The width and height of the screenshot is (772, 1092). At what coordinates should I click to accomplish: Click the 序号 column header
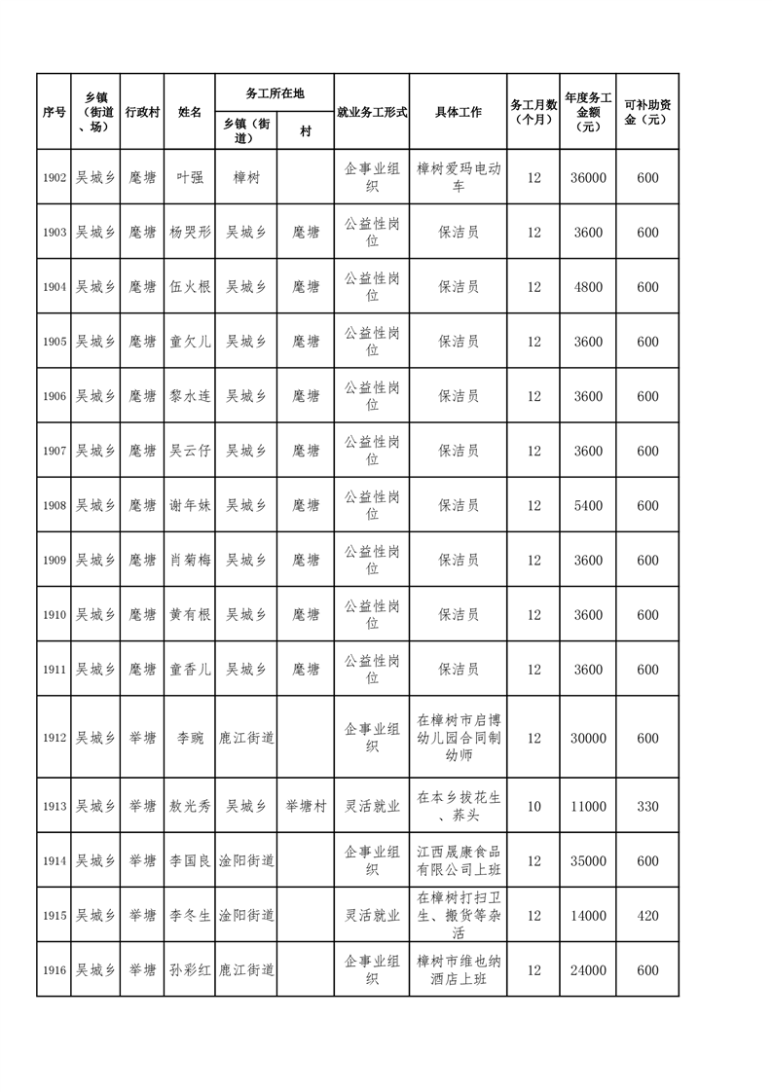click(x=54, y=112)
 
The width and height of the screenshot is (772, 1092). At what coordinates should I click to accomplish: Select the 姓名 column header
click(x=189, y=112)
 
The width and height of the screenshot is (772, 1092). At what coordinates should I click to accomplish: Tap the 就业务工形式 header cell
click(x=371, y=112)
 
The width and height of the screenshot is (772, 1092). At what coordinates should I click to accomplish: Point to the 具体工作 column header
click(x=458, y=112)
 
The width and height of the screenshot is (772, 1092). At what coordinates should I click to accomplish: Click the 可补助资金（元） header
click(x=647, y=112)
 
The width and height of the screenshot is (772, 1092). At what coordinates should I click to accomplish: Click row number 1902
click(x=54, y=177)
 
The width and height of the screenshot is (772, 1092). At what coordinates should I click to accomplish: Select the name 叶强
click(x=189, y=177)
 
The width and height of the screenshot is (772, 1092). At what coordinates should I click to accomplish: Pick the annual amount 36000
click(x=588, y=177)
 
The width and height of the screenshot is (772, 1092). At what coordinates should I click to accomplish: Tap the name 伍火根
click(x=189, y=287)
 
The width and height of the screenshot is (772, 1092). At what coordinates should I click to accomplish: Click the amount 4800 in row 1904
click(x=588, y=287)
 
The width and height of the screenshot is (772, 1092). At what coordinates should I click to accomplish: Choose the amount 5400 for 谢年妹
click(x=588, y=506)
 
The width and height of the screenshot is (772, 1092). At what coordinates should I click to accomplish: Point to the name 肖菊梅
click(x=189, y=561)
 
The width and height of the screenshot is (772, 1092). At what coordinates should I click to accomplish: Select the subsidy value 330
click(x=647, y=807)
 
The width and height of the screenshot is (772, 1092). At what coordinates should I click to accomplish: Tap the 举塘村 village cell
click(x=305, y=807)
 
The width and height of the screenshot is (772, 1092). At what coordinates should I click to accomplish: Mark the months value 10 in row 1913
click(x=533, y=807)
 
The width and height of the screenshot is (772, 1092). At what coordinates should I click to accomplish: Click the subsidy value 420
click(x=647, y=916)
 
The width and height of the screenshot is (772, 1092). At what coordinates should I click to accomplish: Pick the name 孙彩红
click(x=189, y=970)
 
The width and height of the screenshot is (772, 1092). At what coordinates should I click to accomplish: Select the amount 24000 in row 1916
click(x=588, y=970)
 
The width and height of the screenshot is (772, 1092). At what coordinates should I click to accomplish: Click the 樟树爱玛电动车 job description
click(x=458, y=177)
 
